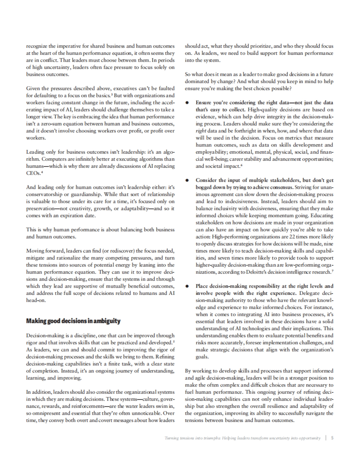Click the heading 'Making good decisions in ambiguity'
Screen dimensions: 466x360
point(73,321)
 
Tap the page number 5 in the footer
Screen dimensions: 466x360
point(332,438)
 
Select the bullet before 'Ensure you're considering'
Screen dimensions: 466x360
point(187,102)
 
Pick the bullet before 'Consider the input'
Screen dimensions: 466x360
point(187,180)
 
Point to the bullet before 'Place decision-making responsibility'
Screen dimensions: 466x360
point(187,286)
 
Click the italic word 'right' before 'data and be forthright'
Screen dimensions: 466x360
point(200,131)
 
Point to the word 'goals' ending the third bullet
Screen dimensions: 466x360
point(202,357)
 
